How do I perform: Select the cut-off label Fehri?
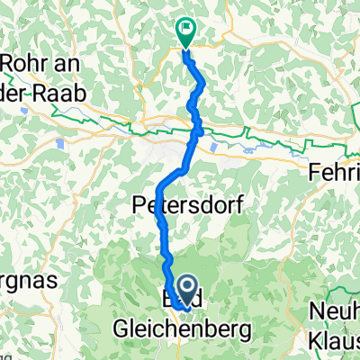(x=333, y=171)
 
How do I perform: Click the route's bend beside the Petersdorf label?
(x=158, y=191)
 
